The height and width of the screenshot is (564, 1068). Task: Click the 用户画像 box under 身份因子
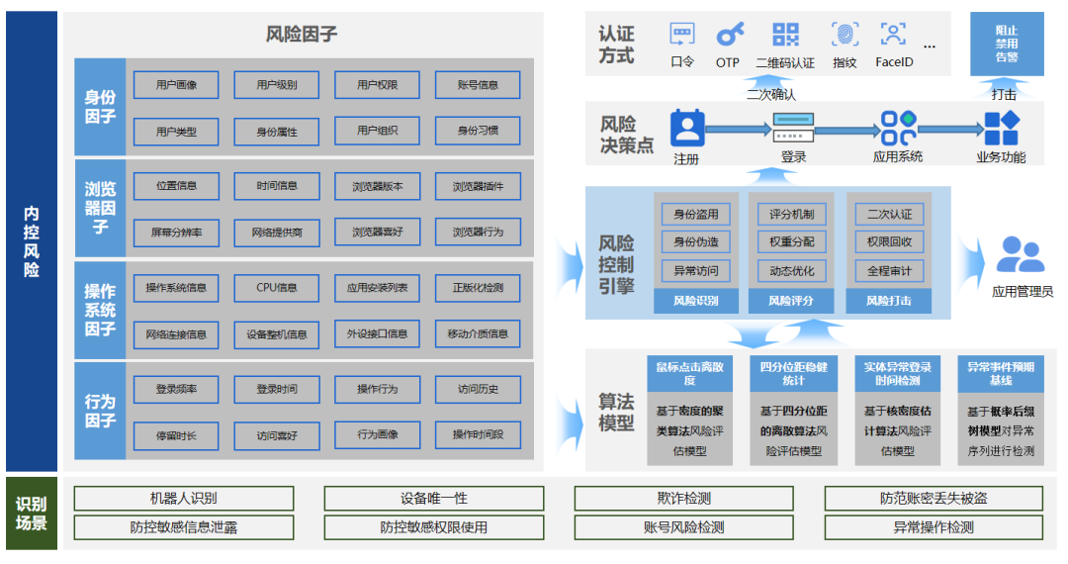[x=176, y=85]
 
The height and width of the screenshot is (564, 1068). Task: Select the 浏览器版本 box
[x=377, y=186]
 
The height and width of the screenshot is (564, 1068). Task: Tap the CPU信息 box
[x=276, y=288]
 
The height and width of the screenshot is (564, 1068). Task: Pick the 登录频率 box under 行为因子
[x=176, y=389]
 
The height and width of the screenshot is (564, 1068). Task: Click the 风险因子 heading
[x=302, y=35]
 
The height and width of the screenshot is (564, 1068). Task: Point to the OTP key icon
[x=729, y=36]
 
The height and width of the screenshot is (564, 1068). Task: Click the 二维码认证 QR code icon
[x=785, y=36]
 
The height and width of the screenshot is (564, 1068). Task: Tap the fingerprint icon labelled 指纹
[x=845, y=36]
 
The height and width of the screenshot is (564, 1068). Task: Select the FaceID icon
[x=893, y=36]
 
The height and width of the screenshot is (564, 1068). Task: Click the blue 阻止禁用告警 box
[x=1006, y=45]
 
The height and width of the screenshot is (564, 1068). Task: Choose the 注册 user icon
[x=686, y=128]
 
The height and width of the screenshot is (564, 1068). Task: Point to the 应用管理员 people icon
[x=1020, y=255]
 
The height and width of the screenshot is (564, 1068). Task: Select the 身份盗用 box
[x=696, y=214]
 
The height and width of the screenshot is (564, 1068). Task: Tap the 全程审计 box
[x=889, y=270]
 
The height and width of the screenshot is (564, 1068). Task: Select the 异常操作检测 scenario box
[x=933, y=527]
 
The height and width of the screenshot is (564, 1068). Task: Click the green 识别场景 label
[x=31, y=513]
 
